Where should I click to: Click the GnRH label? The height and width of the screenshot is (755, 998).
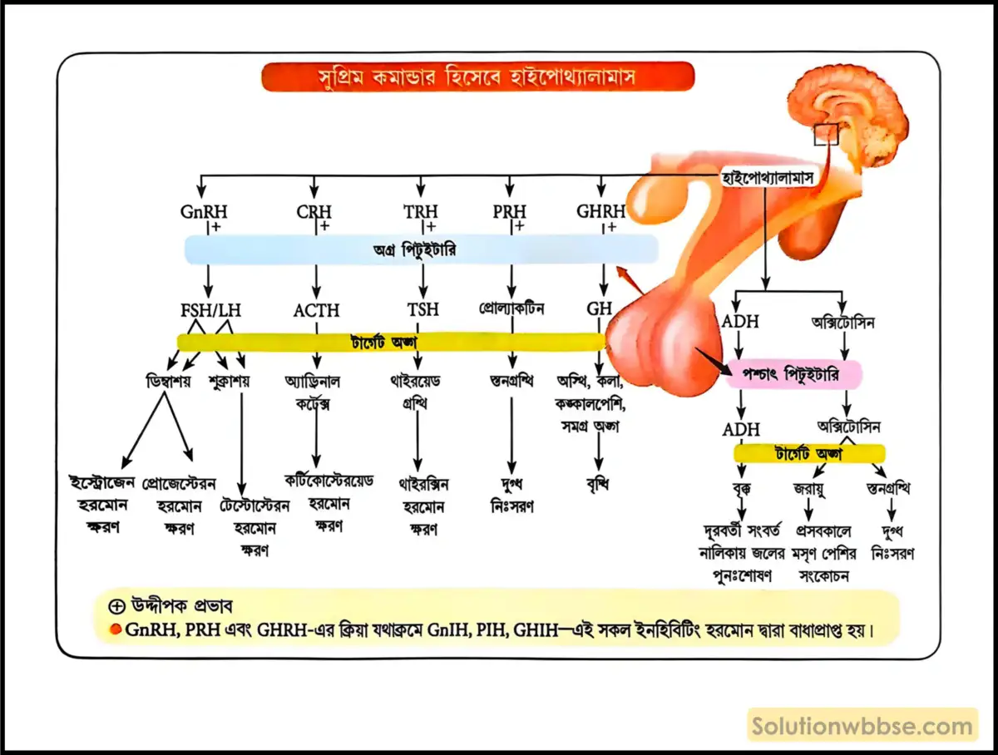pos(204,212)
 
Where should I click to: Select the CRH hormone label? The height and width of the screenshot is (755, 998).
pos(314,212)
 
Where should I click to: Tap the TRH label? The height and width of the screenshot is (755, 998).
pos(421,212)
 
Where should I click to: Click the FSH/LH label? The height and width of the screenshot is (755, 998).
pos(210,310)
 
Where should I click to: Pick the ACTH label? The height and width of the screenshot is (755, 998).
pos(316,310)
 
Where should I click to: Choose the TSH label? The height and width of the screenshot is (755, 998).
pos(422,310)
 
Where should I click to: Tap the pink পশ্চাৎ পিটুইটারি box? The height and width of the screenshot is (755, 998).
pos(794,375)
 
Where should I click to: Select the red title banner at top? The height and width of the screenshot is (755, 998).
pos(477,77)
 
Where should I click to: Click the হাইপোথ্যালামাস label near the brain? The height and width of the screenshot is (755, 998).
pos(767,177)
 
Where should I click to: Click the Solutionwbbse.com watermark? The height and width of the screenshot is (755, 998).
pos(862,726)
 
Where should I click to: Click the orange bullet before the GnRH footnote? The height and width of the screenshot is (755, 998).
pos(115,629)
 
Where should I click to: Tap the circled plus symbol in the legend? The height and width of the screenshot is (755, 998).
pos(116,605)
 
